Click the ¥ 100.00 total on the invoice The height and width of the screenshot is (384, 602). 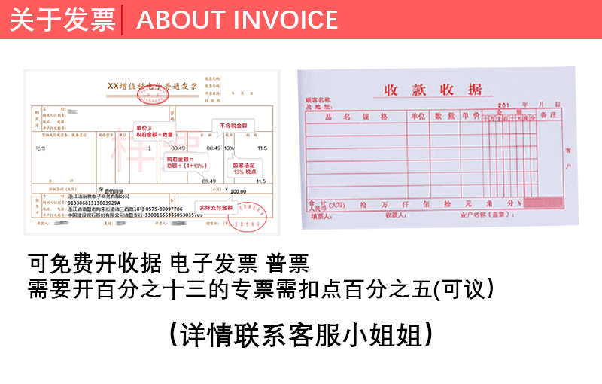pyautogui.click(x=236, y=191)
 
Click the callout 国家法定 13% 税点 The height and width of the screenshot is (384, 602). pyautogui.click(x=248, y=168)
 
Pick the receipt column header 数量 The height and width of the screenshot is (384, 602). pyautogui.click(x=445, y=116)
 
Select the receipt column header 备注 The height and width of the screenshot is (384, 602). pyautogui.click(x=548, y=115)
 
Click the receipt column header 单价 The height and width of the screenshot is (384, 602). pyautogui.click(x=471, y=116)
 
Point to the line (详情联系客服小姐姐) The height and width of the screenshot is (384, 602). pyautogui.click(x=301, y=332)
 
